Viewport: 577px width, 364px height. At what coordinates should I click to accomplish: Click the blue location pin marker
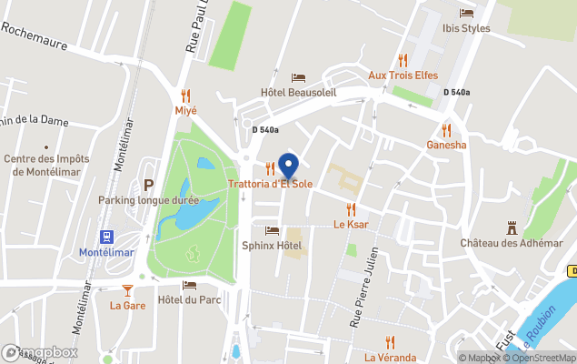click(288, 166)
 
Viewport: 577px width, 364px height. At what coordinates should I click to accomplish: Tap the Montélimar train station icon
click(106, 237)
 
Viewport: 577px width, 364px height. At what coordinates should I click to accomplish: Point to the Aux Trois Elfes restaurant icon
click(403, 60)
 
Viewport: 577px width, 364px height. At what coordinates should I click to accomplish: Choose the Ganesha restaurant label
click(446, 145)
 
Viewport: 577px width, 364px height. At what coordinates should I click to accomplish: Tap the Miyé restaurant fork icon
click(186, 95)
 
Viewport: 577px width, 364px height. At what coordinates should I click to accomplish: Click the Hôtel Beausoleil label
click(298, 93)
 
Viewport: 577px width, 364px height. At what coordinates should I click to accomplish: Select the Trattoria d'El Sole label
click(271, 184)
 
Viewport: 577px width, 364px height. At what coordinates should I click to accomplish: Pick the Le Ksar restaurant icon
click(350, 209)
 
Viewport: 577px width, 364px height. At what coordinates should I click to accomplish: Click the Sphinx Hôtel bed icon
click(272, 230)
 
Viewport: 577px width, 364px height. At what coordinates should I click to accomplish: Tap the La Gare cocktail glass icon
click(127, 290)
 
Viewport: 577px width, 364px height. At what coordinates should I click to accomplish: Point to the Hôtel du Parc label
click(189, 299)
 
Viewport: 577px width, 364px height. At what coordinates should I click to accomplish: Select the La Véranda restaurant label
click(391, 357)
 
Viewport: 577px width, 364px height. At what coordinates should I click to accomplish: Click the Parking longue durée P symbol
click(148, 185)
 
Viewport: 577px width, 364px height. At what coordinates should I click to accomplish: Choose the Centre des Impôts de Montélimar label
click(43, 165)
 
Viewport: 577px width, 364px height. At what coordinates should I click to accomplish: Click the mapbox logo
click(40, 352)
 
